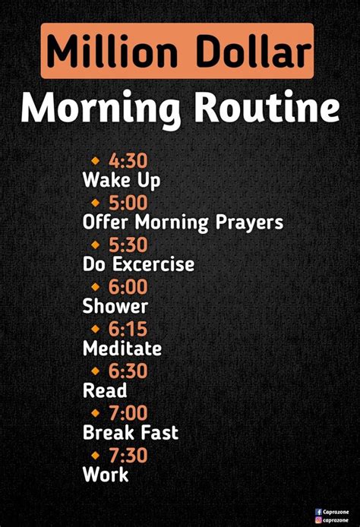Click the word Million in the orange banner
click(112, 52)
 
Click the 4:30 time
click(128, 161)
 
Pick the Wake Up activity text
click(122, 180)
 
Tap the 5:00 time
click(128, 203)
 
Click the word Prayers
click(249, 222)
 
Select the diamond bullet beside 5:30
click(96, 245)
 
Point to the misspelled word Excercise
click(153, 263)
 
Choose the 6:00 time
click(128, 287)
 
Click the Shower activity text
click(115, 306)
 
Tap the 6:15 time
click(128, 329)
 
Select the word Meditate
click(122, 349)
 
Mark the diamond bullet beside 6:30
click(96, 371)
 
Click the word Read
click(105, 390)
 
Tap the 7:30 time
click(128, 455)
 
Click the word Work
click(106, 475)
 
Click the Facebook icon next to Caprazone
click(318, 512)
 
